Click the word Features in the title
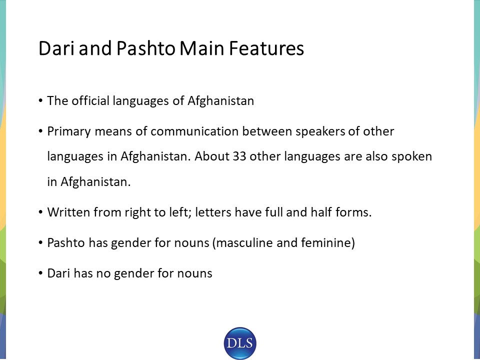tap(266, 48)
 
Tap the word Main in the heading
tap(201, 48)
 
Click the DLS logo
tap(240, 343)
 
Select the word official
tap(90, 100)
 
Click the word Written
tap(68, 212)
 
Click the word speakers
tap(320, 132)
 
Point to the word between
tap(267, 131)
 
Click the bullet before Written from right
tap(40, 212)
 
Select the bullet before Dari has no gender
tap(40, 273)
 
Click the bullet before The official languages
tap(40, 100)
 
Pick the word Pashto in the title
tap(145, 48)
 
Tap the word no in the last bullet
tap(103, 273)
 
